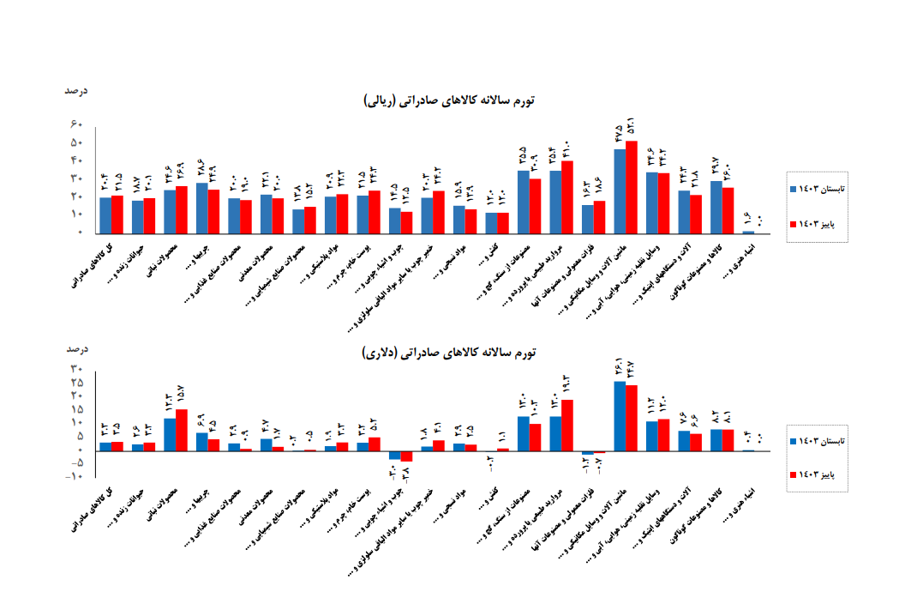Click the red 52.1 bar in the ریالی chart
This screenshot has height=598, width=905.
click(x=632, y=187)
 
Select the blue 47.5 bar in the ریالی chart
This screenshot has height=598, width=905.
click(x=620, y=190)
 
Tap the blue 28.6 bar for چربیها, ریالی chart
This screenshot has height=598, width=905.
click(x=201, y=208)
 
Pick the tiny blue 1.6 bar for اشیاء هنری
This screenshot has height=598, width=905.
click(x=748, y=232)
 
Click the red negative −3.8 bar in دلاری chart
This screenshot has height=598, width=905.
click(x=406, y=456)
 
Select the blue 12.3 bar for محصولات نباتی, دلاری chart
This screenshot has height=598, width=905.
click(x=170, y=434)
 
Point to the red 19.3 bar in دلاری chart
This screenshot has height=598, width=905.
click(x=567, y=425)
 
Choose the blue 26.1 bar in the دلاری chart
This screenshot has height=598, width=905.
click(x=620, y=415)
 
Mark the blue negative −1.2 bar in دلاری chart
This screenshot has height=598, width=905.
click(x=587, y=452)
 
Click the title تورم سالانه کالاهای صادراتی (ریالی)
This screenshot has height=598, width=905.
click(x=449, y=100)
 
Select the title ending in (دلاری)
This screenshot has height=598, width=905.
click(x=449, y=352)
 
